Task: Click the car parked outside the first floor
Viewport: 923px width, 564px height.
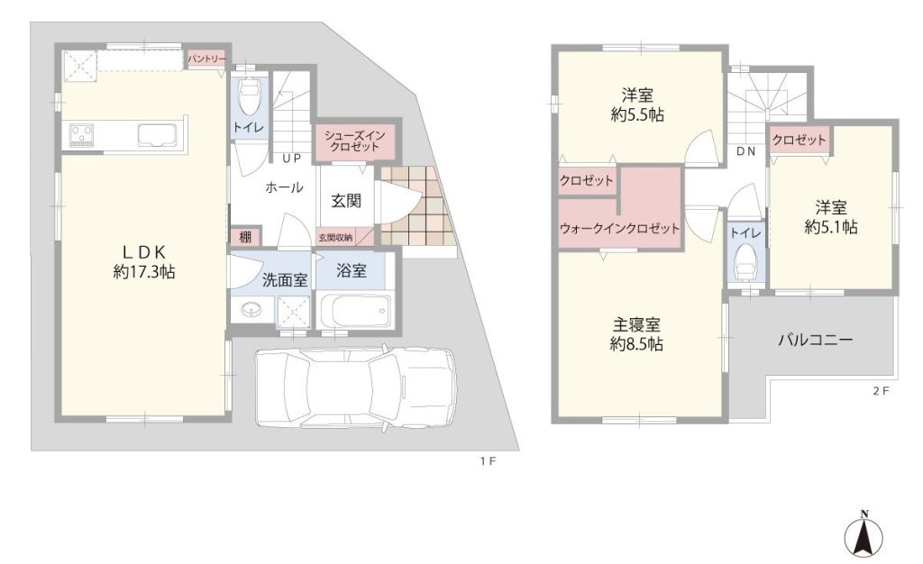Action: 356,387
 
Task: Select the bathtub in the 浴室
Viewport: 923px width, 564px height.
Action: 353,311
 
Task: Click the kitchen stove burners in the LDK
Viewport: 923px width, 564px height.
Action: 81,134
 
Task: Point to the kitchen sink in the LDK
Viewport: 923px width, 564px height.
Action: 158,134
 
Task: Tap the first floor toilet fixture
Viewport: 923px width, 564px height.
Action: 249,96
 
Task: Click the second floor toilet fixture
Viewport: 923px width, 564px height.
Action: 746,262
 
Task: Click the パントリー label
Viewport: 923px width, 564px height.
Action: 206,59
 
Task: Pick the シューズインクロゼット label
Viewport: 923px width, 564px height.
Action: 354,141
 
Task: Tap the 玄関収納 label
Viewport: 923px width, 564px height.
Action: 335,238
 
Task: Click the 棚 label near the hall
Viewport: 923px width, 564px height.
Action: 245,237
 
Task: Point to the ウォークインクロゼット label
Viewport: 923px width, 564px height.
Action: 619,228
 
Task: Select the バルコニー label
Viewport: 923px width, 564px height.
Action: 815,340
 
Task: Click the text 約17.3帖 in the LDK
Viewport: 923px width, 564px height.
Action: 144,272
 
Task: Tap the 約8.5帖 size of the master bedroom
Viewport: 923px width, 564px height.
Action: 636,343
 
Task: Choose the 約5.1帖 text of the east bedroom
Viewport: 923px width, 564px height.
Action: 830,227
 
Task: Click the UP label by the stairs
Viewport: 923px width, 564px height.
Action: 291,159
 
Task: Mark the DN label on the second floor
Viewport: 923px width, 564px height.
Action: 745,151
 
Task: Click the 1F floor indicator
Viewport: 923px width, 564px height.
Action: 488,461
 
